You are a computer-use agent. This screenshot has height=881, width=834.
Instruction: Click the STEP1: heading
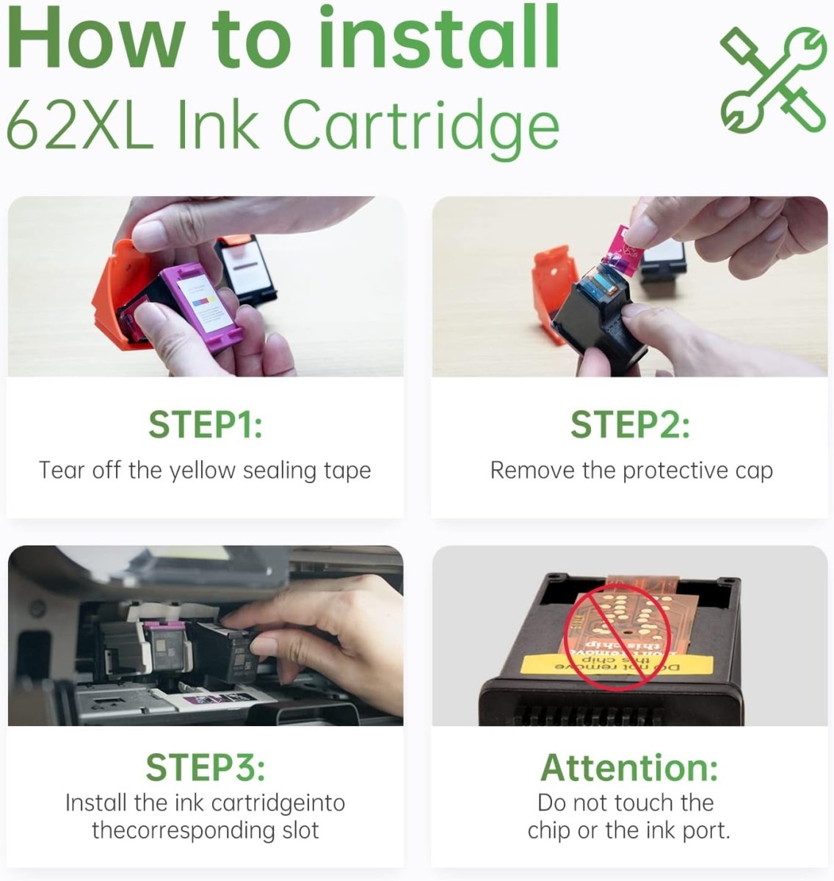205,424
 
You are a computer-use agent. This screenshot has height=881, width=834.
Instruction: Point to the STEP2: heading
630,424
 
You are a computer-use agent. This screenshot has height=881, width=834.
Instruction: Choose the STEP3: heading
205,767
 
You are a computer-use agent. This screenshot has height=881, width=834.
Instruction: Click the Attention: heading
629,767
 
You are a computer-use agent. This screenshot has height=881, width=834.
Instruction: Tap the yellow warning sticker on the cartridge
617,664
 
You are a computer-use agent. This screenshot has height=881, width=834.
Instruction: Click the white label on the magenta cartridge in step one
206,302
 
